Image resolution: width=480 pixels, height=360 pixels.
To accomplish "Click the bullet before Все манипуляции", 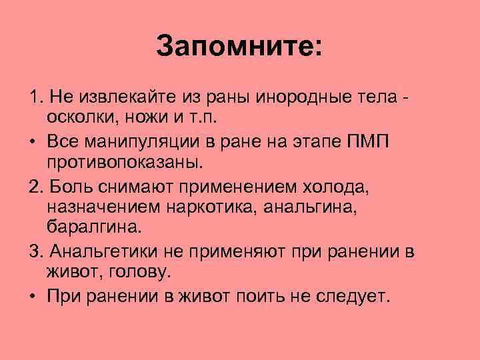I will [x=33, y=143].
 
